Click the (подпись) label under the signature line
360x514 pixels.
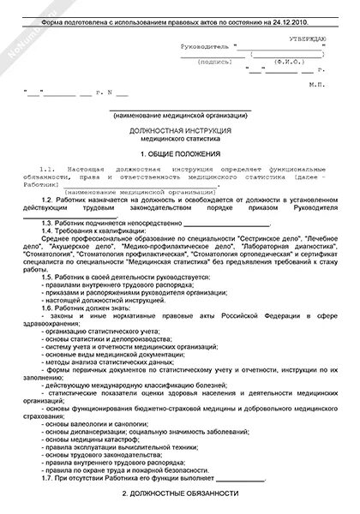click(x=212, y=63)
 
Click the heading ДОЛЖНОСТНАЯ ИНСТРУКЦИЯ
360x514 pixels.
click(x=180, y=128)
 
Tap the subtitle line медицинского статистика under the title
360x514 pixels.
click(x=180, y=135)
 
